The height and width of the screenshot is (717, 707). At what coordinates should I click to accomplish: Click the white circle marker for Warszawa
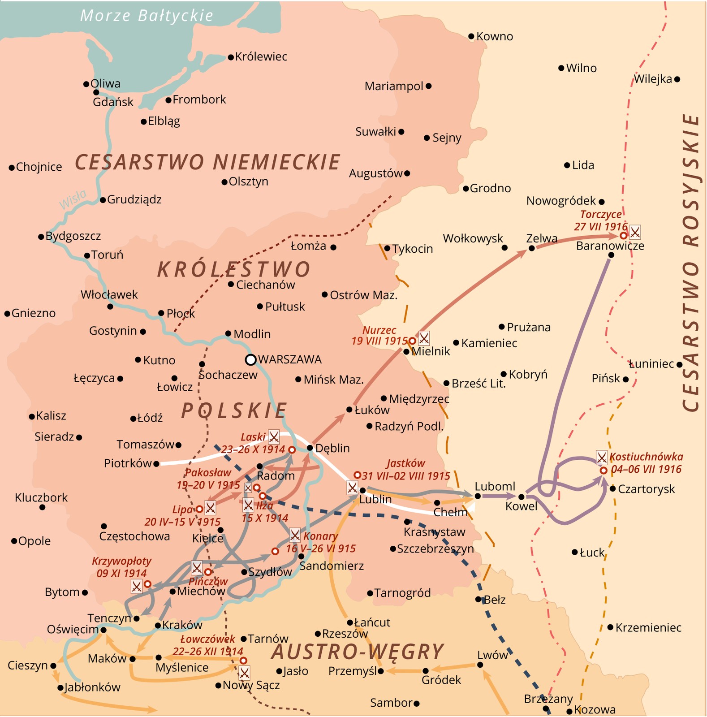point(251,359)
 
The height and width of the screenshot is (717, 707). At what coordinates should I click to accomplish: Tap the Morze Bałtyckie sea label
point(147,16)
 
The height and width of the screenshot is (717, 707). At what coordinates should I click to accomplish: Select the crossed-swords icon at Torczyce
point(635,232)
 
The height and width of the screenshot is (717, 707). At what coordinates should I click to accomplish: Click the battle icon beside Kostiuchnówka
point(601,458)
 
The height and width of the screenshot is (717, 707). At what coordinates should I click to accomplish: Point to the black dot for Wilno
point(561,68)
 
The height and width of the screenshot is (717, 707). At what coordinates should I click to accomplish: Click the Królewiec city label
point(261,57)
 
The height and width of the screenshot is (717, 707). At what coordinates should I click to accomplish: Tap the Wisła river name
point(73,199)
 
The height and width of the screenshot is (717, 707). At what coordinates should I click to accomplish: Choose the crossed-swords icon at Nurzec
point(424,337)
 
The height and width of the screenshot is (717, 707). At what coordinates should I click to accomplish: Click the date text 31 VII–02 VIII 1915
point(405,476)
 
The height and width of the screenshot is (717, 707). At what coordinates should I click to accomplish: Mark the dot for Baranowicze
point(611,255)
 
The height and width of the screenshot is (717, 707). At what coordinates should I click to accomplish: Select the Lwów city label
point(492,655)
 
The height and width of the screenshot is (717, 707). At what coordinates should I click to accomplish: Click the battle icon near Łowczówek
point(244,673)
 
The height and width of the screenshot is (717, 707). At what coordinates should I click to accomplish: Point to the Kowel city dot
point(521,497)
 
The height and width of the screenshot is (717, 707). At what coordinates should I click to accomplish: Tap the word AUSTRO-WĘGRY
point(358,652)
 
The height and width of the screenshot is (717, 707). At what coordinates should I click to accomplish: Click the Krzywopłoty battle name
point(121,561)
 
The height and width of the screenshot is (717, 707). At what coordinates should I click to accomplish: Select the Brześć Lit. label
point(479,384)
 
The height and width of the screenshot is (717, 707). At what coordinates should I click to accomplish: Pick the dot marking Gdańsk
point(96,92)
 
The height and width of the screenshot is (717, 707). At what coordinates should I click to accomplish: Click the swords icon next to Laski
point(273,436)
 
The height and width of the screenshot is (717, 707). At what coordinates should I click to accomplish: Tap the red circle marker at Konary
point(275,551)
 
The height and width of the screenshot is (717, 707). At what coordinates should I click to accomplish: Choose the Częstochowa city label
point(134,536)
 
